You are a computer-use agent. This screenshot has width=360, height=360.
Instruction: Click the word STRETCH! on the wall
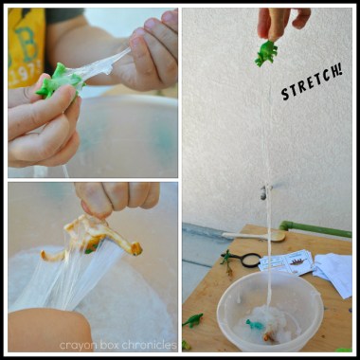click(312, 83)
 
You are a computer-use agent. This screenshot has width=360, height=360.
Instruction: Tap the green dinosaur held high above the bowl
click(266, 53)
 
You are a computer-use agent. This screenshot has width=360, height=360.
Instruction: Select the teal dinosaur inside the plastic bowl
click(254, 324)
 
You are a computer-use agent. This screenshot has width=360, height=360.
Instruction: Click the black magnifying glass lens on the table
click(251, 260)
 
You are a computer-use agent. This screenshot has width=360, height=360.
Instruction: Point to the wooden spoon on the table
click(254, 236)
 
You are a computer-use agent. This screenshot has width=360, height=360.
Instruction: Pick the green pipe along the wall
click(315, 229)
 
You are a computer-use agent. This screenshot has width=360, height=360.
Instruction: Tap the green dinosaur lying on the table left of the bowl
click(192, 320)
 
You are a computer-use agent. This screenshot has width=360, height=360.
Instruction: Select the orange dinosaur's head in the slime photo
click(135, 248)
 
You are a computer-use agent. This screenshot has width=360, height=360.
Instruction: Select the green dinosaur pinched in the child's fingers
click(60, 81)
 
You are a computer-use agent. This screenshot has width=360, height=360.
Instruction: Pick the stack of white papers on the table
click(333, 275)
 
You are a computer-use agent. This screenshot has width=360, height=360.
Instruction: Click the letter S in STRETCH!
click(285, 94)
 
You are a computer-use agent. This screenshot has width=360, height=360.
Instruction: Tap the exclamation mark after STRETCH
click(339, 71)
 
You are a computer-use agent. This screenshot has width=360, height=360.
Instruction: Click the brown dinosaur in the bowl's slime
click(269, 337)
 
